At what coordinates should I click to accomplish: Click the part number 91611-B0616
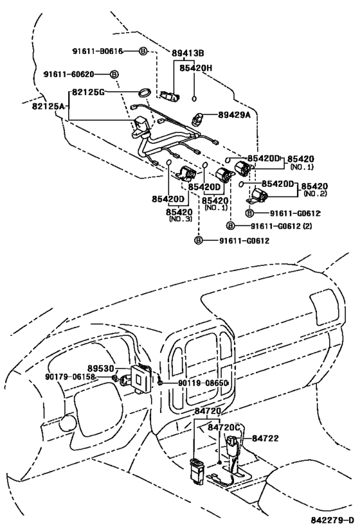pos(98,51)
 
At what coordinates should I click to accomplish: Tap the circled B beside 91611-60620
pos(114,75)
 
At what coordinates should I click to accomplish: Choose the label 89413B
pos(188,53)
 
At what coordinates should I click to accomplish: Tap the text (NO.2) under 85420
pos(318,193)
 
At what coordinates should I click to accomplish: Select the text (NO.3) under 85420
pos(181,219)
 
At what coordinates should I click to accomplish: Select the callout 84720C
pos(224,426)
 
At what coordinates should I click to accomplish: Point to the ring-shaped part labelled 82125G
pos(146,94)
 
